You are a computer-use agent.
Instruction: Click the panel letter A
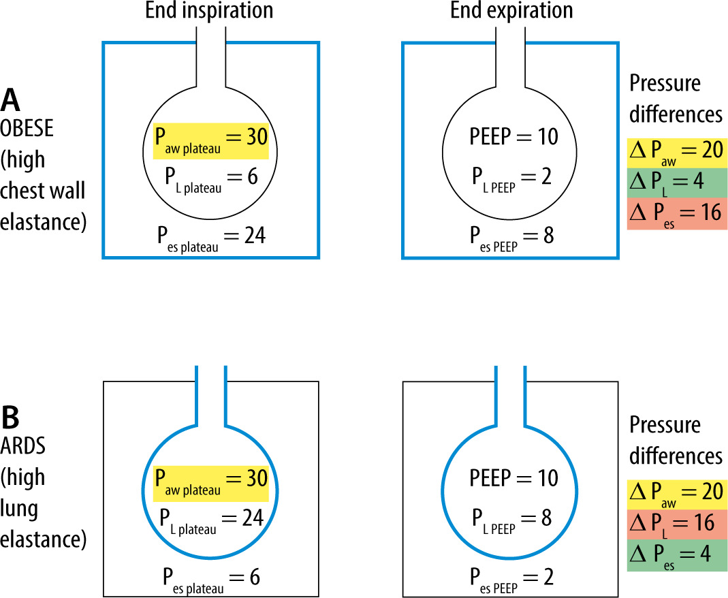point(12,99)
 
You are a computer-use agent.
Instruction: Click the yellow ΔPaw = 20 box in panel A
point(677,150)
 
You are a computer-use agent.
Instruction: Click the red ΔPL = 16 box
point(677,522)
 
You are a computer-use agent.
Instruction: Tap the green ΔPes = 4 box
point(677,554)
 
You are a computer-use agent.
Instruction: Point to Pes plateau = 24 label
point(210,238)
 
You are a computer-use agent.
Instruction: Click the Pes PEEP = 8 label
point(511,238)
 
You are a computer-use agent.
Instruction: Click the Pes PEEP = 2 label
point(511,577)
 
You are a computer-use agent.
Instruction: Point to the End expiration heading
point(511,10)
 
